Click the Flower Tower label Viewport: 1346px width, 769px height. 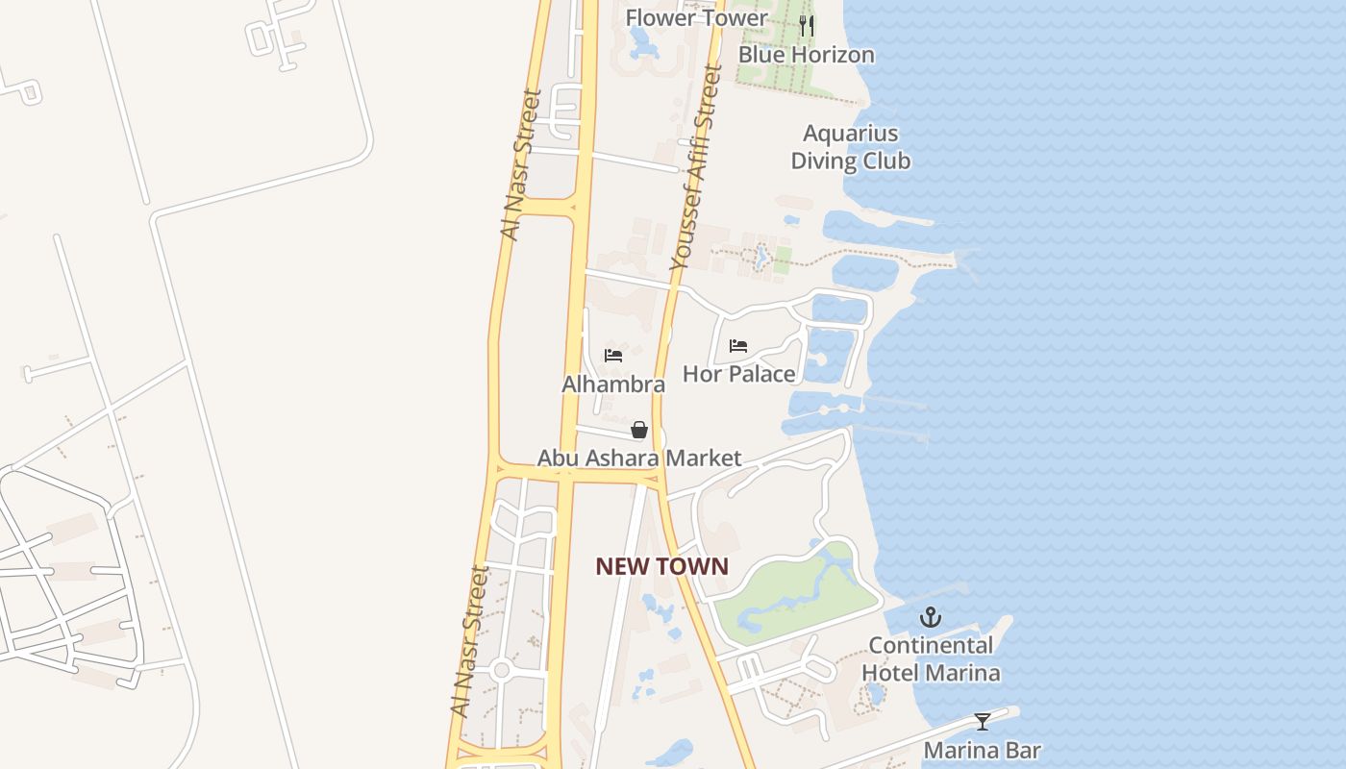[x=696, y=18]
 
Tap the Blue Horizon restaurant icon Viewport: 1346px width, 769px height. [x=807, y=26]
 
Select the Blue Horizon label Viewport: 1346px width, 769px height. [x=806, y=55]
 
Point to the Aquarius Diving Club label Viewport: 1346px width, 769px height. [x=850, y=147]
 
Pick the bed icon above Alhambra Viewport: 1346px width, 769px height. [x=613, y=356]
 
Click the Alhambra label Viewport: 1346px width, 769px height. [x=613, y=384]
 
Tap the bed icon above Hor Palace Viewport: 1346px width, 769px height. [x=738, y=346]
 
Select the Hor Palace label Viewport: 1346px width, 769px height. [x=738, y=374]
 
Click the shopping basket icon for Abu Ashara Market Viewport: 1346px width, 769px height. [x=639, y=430]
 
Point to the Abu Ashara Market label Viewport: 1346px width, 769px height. [x=639, y=459]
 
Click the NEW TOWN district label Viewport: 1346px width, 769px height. [x=661, y=566]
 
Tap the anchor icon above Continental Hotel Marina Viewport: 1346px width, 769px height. [x=931, y=617]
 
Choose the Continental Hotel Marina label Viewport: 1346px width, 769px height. [x=931, y=658]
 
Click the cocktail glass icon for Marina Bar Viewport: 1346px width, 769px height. [x=982, y=721]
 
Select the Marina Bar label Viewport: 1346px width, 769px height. [x=982, y=750]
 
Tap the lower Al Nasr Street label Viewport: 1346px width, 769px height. [x=470, y=641]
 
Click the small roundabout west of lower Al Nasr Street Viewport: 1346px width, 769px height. [x=500, y=670]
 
